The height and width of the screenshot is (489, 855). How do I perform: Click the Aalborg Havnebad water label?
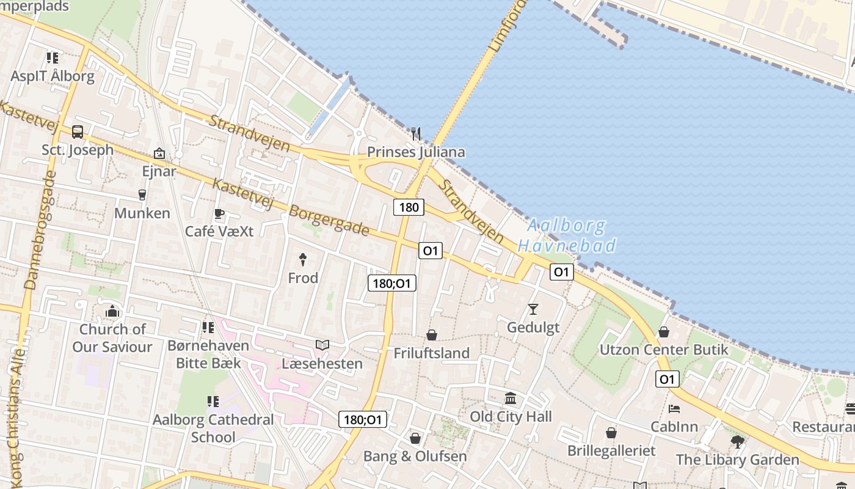click(566, 236)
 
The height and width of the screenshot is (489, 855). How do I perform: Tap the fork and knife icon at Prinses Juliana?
click(416, 133)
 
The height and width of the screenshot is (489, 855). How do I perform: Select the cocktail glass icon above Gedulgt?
click(533, 309)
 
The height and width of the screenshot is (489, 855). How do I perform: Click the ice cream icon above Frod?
click(302, 259)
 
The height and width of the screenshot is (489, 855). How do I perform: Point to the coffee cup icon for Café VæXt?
click(219, 213)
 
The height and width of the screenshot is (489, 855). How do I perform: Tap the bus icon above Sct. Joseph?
click(78, 131)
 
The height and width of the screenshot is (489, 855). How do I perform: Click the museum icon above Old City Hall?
click(511, 399)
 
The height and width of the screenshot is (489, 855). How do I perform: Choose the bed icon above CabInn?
click(674, 408)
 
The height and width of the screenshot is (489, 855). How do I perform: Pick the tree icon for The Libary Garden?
click(737, 441)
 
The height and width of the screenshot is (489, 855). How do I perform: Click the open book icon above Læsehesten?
click(322, 345)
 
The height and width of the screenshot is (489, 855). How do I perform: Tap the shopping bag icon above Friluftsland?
click(432, 335)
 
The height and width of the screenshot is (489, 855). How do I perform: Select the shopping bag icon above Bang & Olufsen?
click(415, 438)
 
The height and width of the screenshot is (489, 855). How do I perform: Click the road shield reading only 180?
click(409, 207)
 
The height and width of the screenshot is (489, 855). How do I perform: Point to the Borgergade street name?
click(329, 221)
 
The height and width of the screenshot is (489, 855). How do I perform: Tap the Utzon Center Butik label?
click(664, 350)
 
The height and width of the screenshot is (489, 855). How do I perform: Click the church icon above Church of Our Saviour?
click(112, 312)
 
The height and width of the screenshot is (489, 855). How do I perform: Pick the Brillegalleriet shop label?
click(611, 450)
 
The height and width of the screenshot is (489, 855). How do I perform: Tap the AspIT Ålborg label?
click(53, 76)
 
